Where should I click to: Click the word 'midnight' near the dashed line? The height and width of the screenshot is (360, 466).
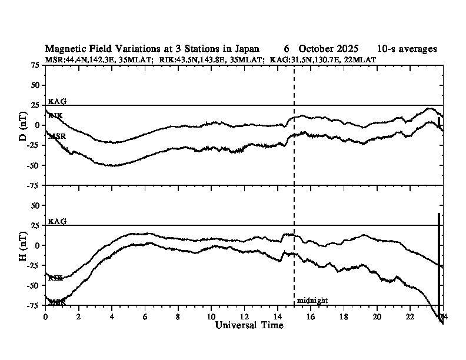point(312,301)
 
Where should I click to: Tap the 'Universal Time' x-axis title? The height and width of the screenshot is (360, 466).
point(249,325)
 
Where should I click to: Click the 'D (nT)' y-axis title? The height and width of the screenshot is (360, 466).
point(24,125)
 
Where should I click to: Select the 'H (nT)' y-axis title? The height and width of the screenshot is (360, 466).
point(24,245)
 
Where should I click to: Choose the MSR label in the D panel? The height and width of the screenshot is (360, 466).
point(56,136)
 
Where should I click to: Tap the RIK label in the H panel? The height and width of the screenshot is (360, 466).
point(55,278)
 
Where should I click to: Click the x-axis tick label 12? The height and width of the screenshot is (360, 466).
point(244,316)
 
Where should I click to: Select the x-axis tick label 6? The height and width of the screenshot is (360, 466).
point(145,316)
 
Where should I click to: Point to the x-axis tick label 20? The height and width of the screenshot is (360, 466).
point(377,316)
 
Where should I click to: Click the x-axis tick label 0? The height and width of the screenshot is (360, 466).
point(46,316)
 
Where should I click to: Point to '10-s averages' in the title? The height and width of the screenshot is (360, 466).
point(407,49)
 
